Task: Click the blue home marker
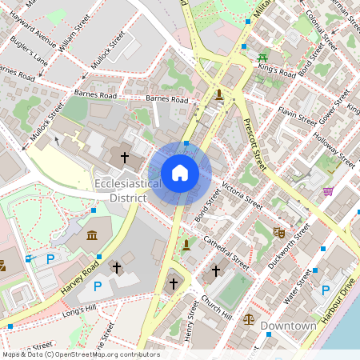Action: (180, 172)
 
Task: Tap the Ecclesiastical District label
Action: (128, 190)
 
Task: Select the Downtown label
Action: (288, 326)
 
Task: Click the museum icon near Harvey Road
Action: (92, 235)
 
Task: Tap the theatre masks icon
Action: (278, 232)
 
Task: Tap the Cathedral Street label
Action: (226, 250)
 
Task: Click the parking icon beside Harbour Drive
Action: (326, 290)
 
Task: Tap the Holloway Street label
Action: (333, 150)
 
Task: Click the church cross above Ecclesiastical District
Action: (124, 158)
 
